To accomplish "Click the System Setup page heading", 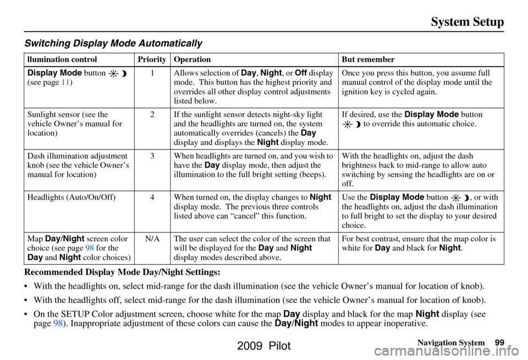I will [468, 22].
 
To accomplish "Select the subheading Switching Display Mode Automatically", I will [113, 43].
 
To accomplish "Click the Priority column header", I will [151, 59].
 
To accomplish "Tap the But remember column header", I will [368, 59].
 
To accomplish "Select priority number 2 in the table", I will [151, 115].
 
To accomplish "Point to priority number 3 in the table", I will [151, 156].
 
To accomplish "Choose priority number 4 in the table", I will [151, 197].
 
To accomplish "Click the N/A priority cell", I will [151, 239].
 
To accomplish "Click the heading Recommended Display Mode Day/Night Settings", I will [123, 272].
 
